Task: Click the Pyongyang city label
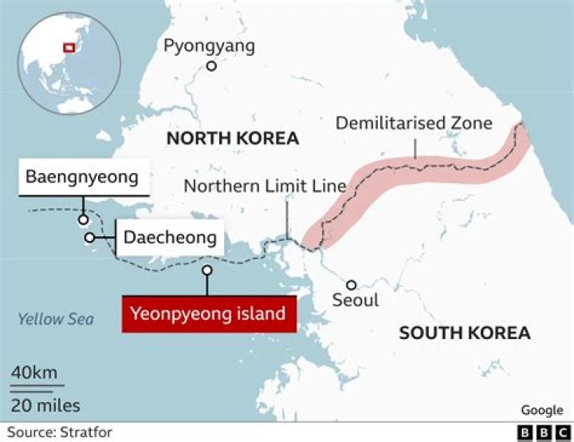pyautogui.click(x=209, y=45)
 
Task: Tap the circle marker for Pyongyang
pyautogui.click(x=211, y=66)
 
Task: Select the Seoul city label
pyautogui.click(x=356, y=302)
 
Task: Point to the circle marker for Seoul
pyautogui.click(x=350, y=284)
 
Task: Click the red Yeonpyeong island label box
pyautogui.click(x=209, y=314)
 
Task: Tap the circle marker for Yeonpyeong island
pyautogui.click(x=207, y=270)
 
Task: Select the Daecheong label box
pyautogui.click(x=169, y=237)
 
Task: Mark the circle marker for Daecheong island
pyautogui.click(x=90, y=238)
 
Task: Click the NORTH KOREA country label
pyautogui.click(x=232, y=139)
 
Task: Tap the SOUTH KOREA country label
pyautogui.click(x=465, y=333)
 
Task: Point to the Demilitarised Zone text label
pyautogui.click(x=414, y=123)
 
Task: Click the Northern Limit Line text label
pyautogui.click(x=265, y=186)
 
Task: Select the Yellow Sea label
pyautogui.click(x=56, y=320)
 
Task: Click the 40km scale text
pyautogui.click(x=33, y=373)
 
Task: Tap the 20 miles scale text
pyautogui.click(x=45, y=405)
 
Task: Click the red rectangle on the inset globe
pyautogui.click(x=69, y=47)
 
